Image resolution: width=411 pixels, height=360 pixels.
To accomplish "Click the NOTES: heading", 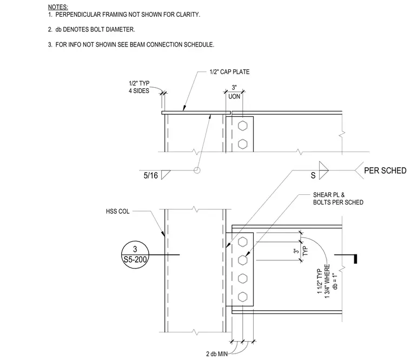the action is point(58,7).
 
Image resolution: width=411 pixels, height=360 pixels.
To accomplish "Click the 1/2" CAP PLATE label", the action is point(230,72).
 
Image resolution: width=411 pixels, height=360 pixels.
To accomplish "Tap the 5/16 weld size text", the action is point(151,175).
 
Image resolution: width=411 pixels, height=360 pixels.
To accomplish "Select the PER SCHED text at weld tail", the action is point(385,171).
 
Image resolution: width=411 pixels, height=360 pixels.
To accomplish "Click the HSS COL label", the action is point(118,211).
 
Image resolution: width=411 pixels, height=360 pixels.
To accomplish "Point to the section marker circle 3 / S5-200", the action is point(135,255).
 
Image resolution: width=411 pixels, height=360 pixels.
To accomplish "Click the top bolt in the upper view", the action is point(243,126).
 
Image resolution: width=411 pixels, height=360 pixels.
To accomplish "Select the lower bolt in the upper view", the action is point(243,144).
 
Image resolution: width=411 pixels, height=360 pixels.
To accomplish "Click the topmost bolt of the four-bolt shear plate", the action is point(243,242).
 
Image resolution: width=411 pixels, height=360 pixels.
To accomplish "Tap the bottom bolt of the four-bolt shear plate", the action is point(243,297).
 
